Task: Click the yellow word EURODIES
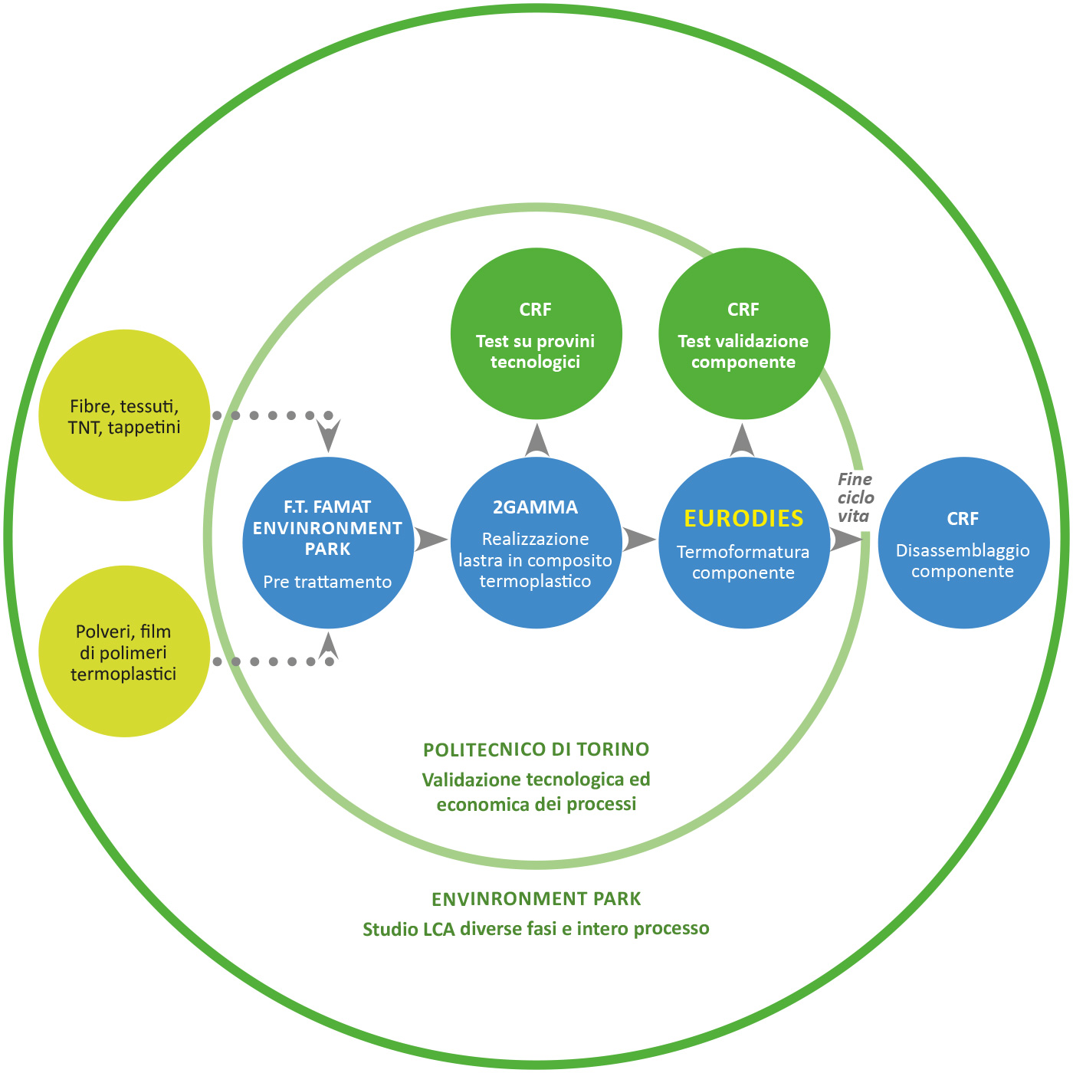[x=743, y=518]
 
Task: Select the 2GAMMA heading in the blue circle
[x=535, y=507]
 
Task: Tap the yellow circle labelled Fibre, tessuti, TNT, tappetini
[x=124, y=415]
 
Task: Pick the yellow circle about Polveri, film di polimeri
[x=124, y=651]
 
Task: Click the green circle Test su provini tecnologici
[x=536, y=333]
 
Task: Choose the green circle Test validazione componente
[x=744, y=333]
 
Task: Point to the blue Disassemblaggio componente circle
[x=963, y=543]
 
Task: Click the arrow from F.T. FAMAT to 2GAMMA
[x=431, y=539]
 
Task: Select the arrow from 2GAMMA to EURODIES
[x=639, y=539]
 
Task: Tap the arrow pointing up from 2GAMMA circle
[x=536, y=441]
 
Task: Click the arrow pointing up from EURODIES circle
[x=742, y=441]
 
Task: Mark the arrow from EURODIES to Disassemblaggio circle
[x=846, y=539]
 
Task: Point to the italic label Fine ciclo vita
[x=855, y=497]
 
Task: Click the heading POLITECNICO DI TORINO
[x=536, y=750]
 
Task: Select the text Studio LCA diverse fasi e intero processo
[x=536, y=928]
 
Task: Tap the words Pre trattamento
[x=327, y=581]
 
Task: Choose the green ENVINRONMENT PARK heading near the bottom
[x=536, y=899]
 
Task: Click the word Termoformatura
[x=743, y=551]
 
